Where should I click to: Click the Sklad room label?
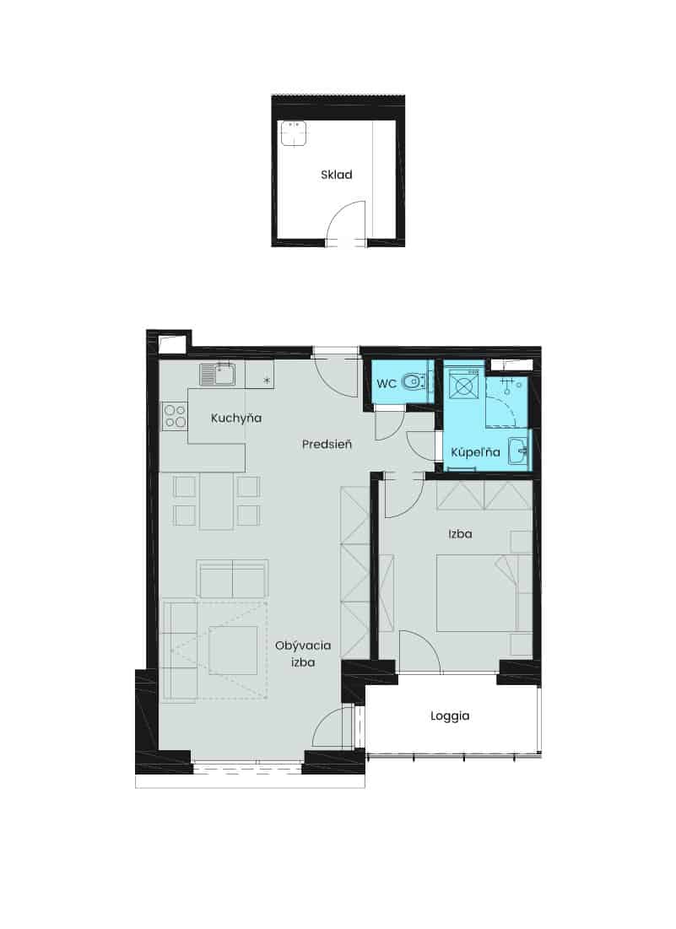point(337,174)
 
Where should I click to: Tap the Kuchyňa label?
point(235,418)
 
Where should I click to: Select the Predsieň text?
point(327,444)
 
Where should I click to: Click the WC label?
point(387,383)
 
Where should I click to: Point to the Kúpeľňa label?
point(475,452)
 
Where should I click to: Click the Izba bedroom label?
point(460,534)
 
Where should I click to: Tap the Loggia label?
point(450,716)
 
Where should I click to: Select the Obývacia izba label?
point(303,653)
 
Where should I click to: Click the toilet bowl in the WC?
point(413,381)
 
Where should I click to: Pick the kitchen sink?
point(218,374)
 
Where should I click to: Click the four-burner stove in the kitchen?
point(175,415)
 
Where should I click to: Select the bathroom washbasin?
point(519,451)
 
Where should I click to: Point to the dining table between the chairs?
point(216,500)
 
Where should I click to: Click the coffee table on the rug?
point(234,650)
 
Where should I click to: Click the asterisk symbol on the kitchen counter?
point(267,381)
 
